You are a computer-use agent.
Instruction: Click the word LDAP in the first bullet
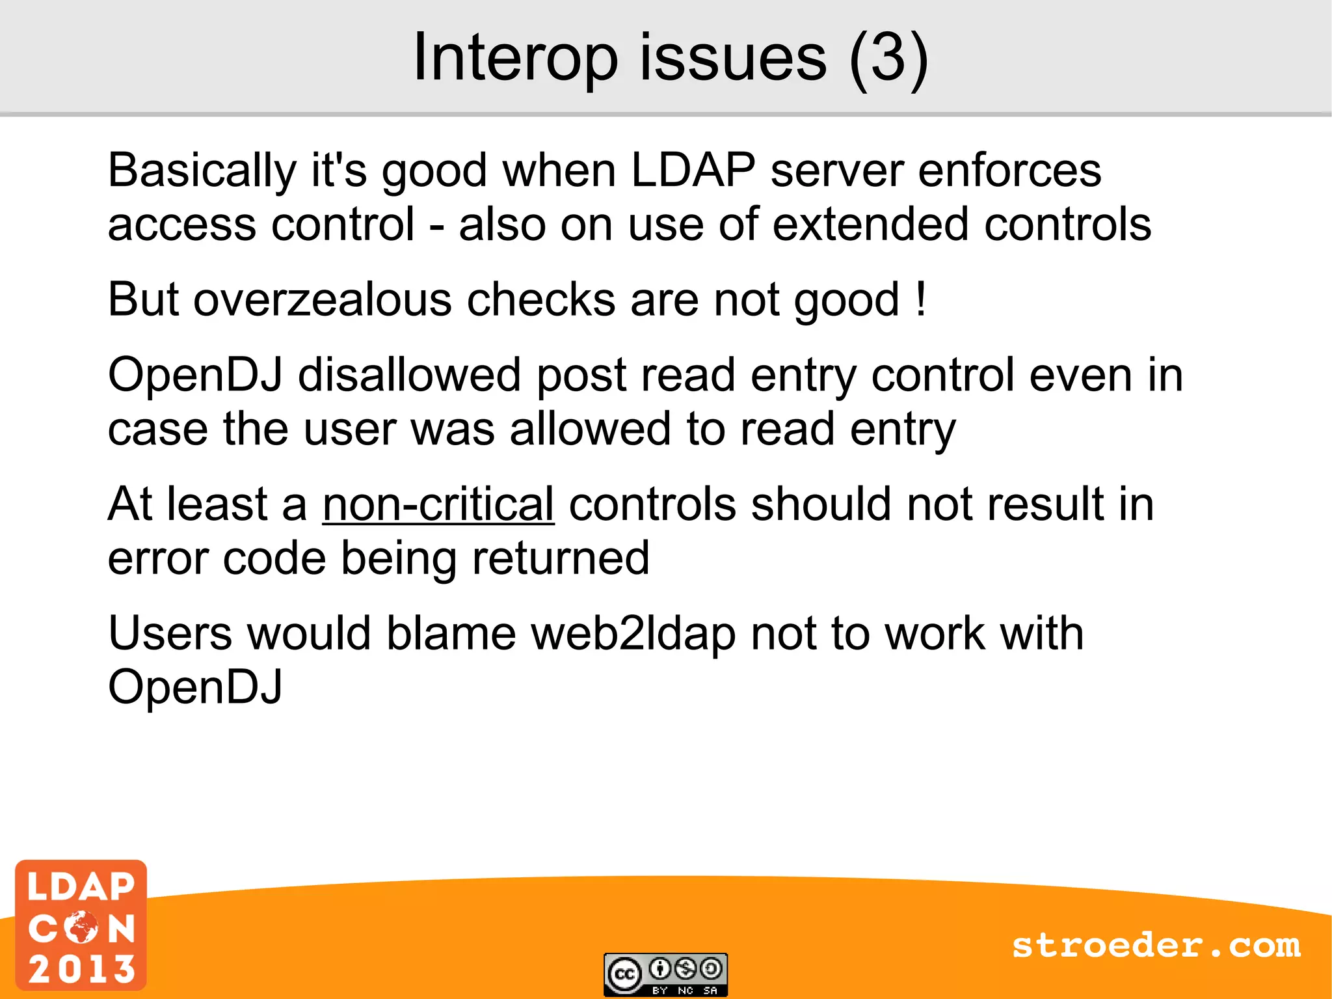click(693, 171)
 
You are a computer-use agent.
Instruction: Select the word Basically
click(202, 171)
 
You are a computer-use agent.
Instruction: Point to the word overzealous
click(322, 300)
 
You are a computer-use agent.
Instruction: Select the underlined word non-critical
click(438, 504)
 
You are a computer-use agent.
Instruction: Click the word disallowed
click(409, 376)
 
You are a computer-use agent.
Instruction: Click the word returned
click(561, 558)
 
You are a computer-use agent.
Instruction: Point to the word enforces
click(1009, 171)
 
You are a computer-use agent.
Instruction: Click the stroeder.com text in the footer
click(1156, 945)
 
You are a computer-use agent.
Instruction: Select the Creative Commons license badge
click(665, 974)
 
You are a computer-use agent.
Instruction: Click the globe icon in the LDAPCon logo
click(81, 927)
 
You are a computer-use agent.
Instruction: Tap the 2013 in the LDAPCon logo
click(81, 969)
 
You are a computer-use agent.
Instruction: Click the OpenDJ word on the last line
click(195, 687)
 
